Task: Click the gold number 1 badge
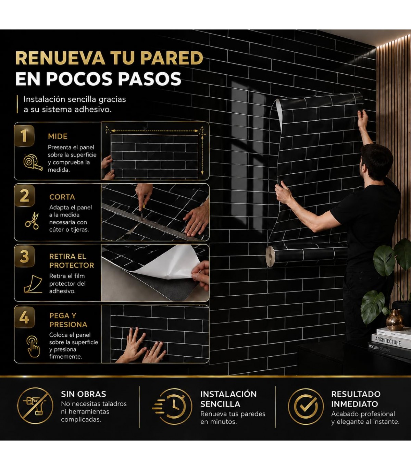point(24,136)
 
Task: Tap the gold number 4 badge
point(24,318)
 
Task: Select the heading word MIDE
point(58,136)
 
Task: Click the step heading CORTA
point(62,197)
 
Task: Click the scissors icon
point(32,221)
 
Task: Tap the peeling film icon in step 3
point(33,284)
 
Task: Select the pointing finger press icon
point(33,347)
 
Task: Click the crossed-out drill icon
point(35,406)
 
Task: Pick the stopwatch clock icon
point(172,406)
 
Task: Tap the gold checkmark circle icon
point(306,406)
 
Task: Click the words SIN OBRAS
point(84,394)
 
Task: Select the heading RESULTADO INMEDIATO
point(356,399)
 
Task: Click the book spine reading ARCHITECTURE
point(388,341)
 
